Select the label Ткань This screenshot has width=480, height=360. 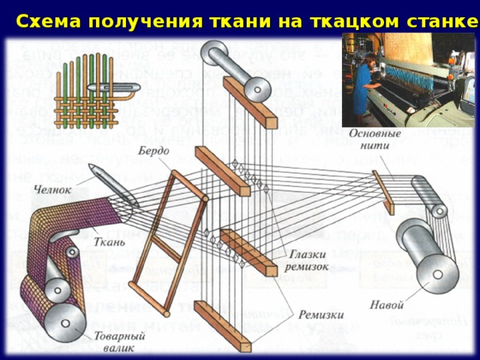coord(103,241)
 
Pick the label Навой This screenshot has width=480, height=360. coord(387,306)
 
